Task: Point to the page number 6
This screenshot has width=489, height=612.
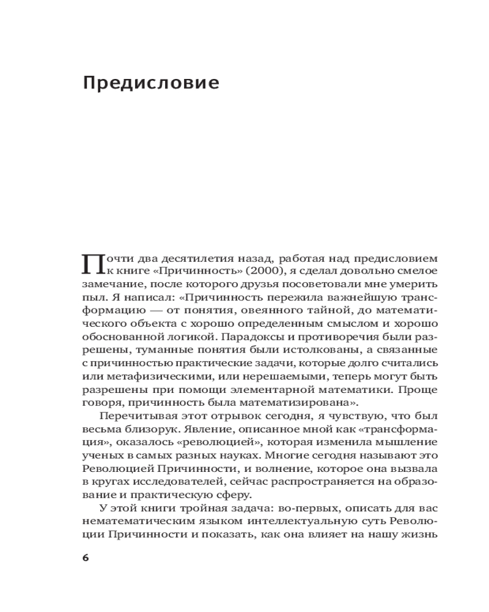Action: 85,558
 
